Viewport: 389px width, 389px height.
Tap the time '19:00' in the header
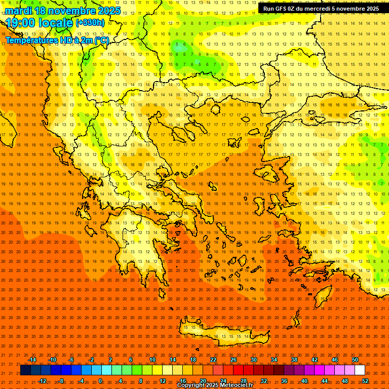21,23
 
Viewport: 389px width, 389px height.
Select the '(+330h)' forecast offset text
90,23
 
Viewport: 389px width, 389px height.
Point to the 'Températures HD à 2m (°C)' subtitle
57,40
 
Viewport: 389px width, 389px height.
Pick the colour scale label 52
365,380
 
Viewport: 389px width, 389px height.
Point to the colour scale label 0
100,380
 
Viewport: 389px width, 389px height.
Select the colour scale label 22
213,360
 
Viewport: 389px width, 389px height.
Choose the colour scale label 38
294,360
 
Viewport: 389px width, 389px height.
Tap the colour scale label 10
152,360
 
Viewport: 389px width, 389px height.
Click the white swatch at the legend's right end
360,370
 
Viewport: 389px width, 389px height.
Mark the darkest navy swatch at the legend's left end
25,370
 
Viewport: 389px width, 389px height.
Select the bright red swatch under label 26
238,370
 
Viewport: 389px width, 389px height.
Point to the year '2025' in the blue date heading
109,11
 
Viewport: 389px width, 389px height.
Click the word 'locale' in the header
56,23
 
